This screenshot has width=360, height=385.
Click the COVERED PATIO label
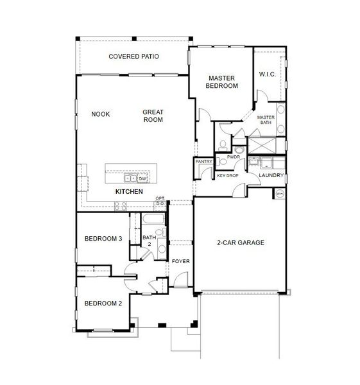coord(133,56)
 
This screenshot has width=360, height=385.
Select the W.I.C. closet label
coord(268,74)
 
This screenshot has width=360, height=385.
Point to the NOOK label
coord(101,114)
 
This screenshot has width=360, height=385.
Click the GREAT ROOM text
coord(153,116)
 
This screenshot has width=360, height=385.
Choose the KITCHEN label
coord(128,192)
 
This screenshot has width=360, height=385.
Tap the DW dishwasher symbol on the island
coord(142,179)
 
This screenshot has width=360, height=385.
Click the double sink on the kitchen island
coord(130,178)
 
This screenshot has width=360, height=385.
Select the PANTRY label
coord(203,162)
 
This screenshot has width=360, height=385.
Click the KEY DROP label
coord(227,175)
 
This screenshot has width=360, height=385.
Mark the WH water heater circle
coord(280,193)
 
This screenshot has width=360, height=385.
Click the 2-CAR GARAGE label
coord(241,243)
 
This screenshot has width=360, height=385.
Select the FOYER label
coord(180,262)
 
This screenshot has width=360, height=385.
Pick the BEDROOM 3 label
coord(103,239)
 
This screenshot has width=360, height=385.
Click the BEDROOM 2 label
coord(103,303)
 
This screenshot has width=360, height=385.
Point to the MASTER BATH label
coord(266,121)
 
